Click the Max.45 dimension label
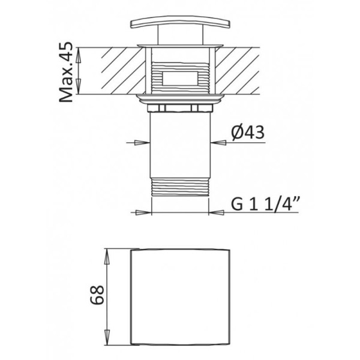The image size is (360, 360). point(67,71)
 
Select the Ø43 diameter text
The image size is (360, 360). point(247,133)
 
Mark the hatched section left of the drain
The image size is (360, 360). point(117,71)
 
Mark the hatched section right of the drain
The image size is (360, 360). point(243,71)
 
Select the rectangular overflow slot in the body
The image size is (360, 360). point(180,78)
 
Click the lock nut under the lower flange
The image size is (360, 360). point(179,107)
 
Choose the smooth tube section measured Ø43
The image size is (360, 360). point(179,144)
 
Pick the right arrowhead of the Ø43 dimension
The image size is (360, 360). point(217,142)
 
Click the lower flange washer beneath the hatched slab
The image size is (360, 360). point(179,97)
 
